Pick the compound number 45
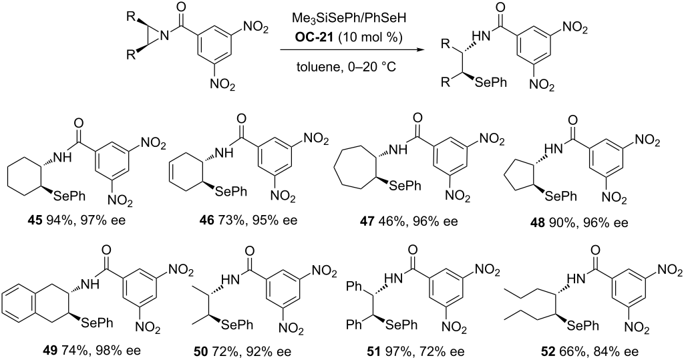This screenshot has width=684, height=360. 50,220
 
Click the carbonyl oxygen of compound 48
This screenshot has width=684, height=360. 573,120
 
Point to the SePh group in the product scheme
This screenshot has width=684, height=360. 490,81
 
